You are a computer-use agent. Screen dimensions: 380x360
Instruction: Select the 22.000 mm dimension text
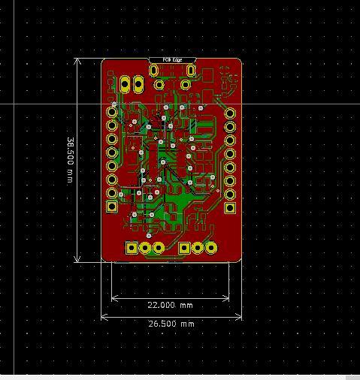pos(170,306)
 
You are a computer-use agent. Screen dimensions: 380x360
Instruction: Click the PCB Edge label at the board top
pos(172,59)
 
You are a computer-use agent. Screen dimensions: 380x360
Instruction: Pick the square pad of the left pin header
pos(112,206)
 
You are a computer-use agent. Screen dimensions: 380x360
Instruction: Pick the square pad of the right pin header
pos(230,207)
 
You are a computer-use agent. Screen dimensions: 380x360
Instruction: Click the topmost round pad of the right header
pos(230,113)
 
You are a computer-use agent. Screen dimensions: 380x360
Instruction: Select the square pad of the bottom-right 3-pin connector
pos(185,247)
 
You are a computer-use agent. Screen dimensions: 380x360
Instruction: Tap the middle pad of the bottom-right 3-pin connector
pos(198,247)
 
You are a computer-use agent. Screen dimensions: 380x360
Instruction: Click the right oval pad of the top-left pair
pos(138,84)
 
